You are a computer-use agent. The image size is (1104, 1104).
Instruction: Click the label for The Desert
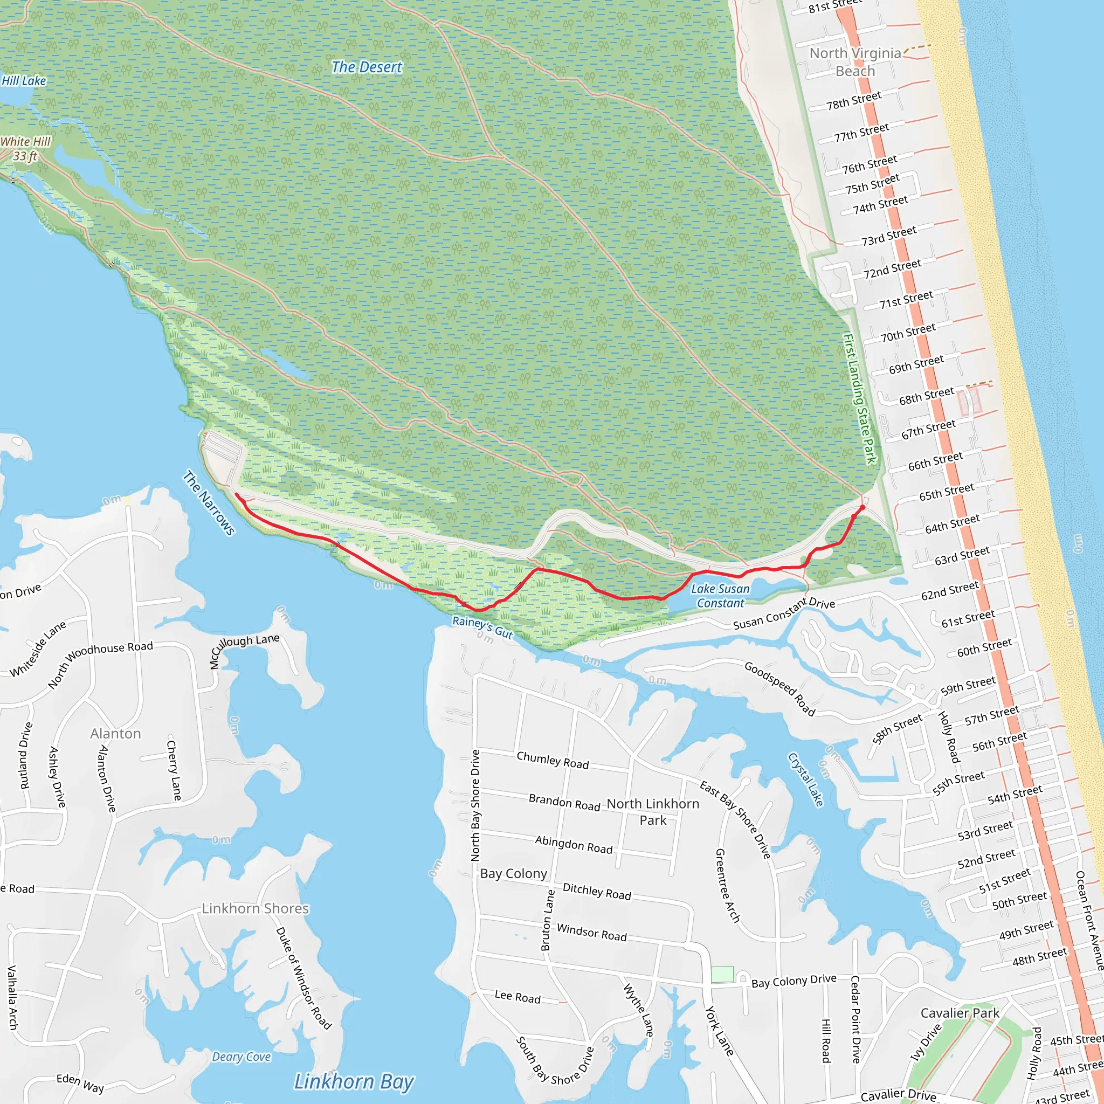point(367,67)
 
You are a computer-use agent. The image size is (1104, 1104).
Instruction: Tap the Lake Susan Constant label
point(720,596)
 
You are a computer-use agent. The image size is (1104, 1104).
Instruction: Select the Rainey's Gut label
point(482,627)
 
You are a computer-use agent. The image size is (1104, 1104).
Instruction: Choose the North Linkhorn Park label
point(653,811)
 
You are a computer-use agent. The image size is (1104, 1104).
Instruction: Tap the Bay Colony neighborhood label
point(513,873)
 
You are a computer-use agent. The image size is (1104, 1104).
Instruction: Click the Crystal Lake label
point(806,779)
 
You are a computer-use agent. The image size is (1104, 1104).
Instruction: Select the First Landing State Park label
point(860,399)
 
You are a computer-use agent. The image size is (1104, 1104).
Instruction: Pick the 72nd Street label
point(892,268)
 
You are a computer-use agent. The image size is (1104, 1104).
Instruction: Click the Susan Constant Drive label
point(784,613)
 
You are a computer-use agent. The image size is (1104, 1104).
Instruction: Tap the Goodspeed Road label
point(779,688)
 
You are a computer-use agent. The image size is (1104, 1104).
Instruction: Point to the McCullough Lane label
point(244,650)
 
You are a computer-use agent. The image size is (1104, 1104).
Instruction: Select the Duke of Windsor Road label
point(303,977)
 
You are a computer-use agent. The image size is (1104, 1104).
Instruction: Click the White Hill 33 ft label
point(26,149)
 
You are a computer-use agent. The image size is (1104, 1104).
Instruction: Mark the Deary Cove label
point(241,1057)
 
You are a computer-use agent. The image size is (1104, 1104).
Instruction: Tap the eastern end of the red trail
point(862,507)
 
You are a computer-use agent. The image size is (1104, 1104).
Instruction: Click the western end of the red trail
point(236,494)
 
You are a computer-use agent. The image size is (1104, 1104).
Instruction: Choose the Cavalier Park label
point(960,1013)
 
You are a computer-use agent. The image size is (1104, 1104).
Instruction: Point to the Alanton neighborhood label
point(115,733)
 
